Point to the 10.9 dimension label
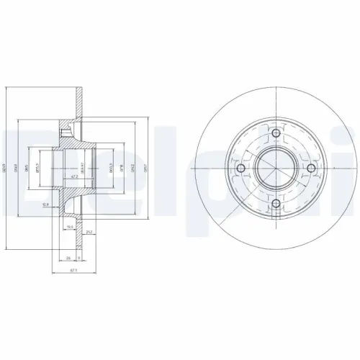tap(45, 204)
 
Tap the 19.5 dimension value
tap(71, 227)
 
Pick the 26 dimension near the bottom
tap(68, 257)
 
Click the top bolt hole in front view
tap(276, 134)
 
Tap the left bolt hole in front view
tap(241, 169)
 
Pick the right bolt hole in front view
tap(312, 169)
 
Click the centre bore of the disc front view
tap(276, 169)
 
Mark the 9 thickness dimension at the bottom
tap(78, 257)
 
